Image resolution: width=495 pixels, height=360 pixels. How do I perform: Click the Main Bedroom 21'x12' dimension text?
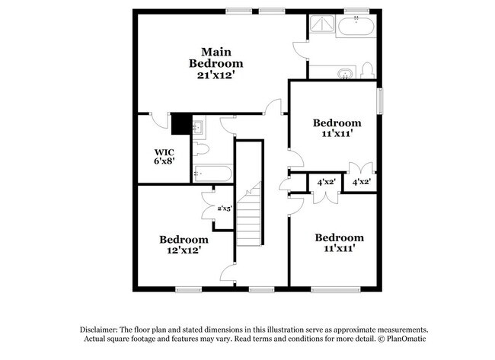tap(216, 75)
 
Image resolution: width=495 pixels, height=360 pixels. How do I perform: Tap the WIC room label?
tap(164, 152)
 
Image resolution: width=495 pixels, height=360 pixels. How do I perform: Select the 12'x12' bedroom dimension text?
tap(184, 250)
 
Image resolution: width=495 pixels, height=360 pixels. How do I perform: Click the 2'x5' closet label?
tap(225, 209)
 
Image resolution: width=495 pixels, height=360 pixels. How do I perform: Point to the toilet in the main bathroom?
tap(367, 70)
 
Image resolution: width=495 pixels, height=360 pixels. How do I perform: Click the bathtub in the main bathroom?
tap(356, 26)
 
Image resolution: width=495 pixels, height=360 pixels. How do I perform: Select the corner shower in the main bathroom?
tap(322, 24)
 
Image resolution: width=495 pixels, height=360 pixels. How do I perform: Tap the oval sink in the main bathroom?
tap(346, 74)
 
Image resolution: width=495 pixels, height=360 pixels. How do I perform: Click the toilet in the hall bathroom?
tap(201, 149)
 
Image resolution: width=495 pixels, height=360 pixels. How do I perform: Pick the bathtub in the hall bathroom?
tap(213, 174)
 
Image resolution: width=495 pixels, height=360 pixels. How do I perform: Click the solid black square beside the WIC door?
tap(181, 124)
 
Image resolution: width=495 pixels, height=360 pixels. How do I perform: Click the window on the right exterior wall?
tap(381, 101)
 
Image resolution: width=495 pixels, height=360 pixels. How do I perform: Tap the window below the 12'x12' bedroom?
tap(188, 289)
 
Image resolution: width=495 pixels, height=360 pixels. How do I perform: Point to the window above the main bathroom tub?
tap(356, 11)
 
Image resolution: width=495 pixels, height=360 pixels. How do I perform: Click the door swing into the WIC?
tap(159, 121)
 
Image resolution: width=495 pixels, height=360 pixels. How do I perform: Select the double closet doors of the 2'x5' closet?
tap(209, 206)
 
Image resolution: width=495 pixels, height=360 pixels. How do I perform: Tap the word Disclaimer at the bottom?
tap(98, 330)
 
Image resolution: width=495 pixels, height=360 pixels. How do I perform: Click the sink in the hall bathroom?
tap(199, 127)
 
